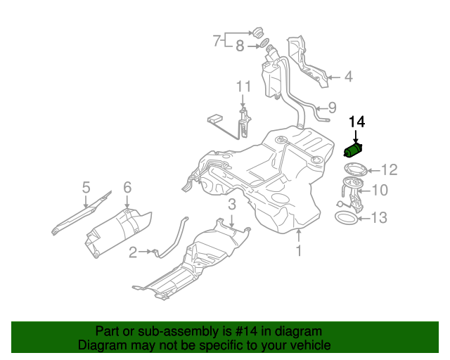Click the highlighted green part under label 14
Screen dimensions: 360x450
353,150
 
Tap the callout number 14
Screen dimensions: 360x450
356,122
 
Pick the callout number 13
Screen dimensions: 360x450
378,218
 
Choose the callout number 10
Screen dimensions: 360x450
380,190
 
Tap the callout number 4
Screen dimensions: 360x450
348,77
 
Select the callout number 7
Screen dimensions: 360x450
217,41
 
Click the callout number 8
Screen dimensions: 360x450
240,47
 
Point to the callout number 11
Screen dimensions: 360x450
243,86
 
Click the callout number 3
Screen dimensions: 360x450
231,205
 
